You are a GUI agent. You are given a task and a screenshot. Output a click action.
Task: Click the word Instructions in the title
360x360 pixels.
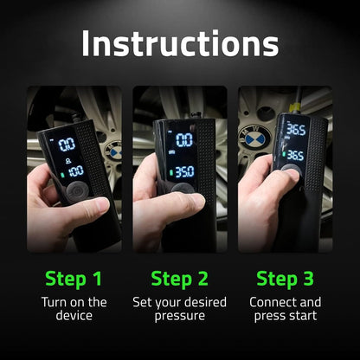point(179,43)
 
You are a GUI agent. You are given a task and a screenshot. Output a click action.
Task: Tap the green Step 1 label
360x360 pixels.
point(74,279)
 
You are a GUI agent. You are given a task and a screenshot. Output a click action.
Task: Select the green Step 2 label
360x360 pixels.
point(179,279)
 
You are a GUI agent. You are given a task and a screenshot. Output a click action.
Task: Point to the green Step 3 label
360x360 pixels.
point(285,279)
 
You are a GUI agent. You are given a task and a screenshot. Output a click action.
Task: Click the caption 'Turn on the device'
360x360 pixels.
point(74,310)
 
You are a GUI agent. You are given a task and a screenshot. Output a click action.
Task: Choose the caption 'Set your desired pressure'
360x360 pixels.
point(179,310)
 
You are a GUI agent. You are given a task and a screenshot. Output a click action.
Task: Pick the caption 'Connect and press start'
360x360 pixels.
point(285,310)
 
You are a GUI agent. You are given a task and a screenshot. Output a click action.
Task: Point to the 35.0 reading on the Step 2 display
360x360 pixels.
point(183,171)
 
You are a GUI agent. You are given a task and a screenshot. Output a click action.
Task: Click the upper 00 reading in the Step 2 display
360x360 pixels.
point(184,139)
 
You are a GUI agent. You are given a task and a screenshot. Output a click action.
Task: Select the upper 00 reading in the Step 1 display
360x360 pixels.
point(66,144)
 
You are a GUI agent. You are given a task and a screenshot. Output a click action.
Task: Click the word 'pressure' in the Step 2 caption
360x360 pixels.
point(179,318)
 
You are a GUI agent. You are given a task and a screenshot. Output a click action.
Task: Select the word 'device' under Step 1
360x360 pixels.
point(74,318)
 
